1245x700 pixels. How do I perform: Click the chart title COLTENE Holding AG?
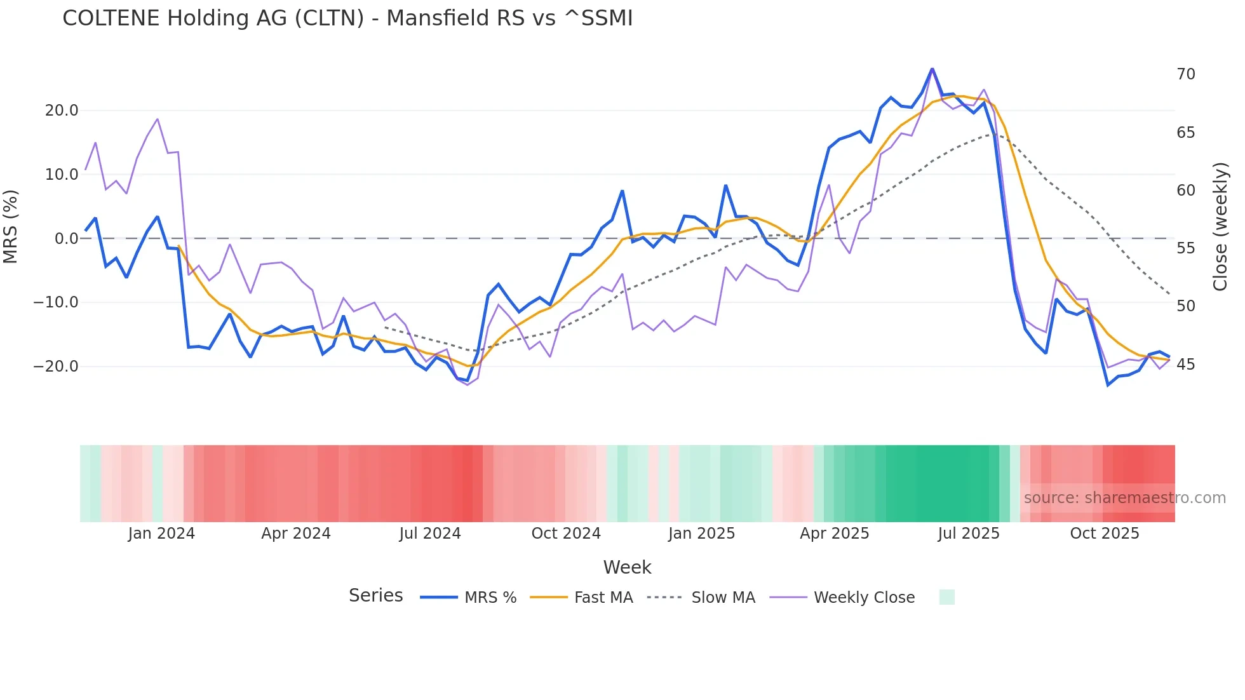pyautogui.click(x=347, y=18)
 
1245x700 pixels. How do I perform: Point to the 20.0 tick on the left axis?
pyautogui.click(x=62, y=111)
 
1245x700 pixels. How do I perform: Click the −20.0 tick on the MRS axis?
pyautogui.click(x=57, y=367)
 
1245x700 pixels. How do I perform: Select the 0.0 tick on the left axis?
pyautogui.click(x=66, y=239)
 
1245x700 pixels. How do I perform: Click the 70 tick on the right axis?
pyautogui.click(x=1185, y=74)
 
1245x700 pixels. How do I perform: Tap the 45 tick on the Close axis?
pyautogui.click(x=1185, y=365)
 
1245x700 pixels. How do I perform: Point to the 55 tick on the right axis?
pyautogui.click(x=1185, y=248)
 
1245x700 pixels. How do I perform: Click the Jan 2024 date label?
pyautogui.click(x=161, y=534)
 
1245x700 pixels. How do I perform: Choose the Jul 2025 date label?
pyautogui.click(x=968, y=534)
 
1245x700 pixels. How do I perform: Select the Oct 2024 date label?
pyautogui.click(x=566, y=534)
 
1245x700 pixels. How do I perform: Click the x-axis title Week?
pyautogui.click(x=627, y=567)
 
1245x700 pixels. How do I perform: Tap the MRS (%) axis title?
pyautogui.click(x=11, y=226)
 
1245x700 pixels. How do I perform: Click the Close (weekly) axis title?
pyautogui.click(x=1220, y=227)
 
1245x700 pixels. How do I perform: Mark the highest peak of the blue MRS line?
pyautogui.click(x=932, y=69)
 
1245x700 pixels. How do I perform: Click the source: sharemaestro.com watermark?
pyautogui.click(x=1124, y=498)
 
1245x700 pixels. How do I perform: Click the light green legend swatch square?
pyautogui.click(x=946, y=597)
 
